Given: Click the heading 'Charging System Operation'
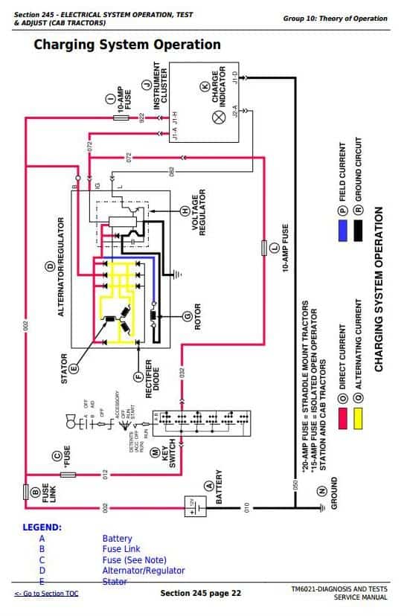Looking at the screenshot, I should coord(127,45).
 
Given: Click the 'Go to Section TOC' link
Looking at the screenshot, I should coord(46,593).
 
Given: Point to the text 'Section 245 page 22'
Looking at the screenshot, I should coord(200,593).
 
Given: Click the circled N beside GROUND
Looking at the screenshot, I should coord(321,491).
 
